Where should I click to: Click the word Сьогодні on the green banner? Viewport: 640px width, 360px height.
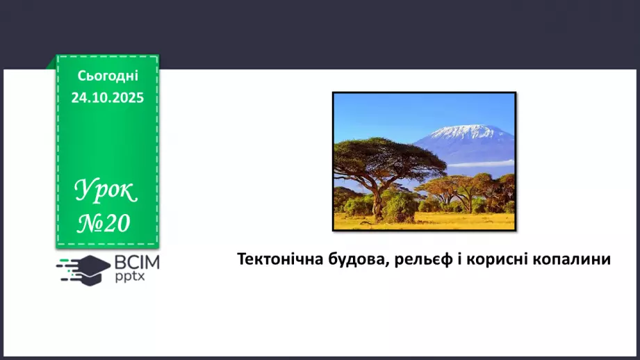108,76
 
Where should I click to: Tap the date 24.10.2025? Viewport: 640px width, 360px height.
108,98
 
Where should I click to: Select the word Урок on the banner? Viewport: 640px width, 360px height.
106,192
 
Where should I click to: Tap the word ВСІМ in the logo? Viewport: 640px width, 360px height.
137,263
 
